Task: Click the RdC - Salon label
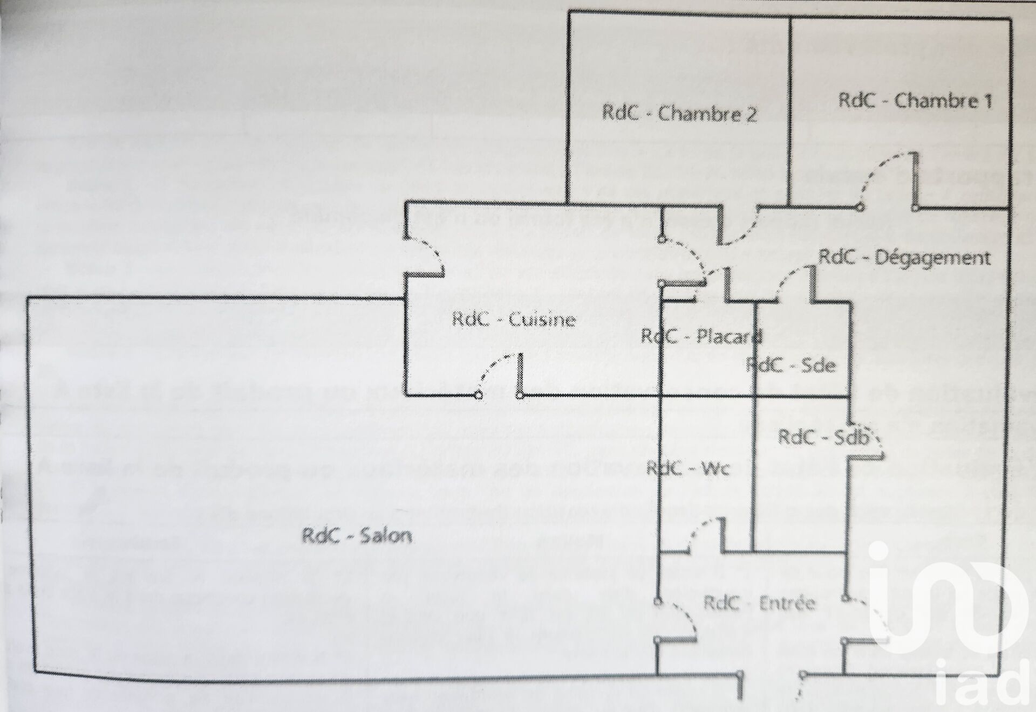click(357, 536)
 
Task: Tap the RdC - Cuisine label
click(514, 320)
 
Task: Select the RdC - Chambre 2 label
click(679, 114)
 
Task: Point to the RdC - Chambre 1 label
click(915, 101)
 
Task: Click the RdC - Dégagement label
click(904, 257)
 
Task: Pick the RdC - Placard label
click(701, 336)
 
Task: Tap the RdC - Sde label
click(790, 365)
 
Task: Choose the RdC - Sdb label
click(823, 438)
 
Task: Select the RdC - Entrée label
click(759, 603)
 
